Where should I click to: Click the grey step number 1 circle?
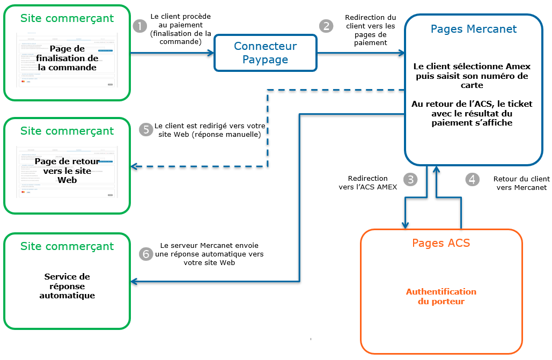pos(139,26)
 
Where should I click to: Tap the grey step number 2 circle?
pos(326,26)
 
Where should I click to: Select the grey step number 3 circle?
pos(411,180)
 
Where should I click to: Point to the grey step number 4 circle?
pos(472,180)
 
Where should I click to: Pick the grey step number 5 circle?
pos(146,130)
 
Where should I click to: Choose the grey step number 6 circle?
pos(146,254)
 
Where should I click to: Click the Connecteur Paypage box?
pos(265,53)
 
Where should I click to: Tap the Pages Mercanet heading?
pos(474,29)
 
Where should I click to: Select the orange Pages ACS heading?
pos(441,243)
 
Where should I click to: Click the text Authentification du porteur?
pos(441,297)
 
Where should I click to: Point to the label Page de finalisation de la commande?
pos(67,58)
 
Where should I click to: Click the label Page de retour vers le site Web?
pos(67,171)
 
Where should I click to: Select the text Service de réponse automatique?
pos(67,286)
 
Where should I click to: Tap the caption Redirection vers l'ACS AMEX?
pos(367,183)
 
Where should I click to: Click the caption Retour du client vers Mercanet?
pos(521,183)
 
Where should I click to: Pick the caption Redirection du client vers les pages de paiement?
pos(370,30)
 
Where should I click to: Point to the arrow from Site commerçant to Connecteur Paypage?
pos(172,53)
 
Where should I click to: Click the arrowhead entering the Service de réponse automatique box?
pos(134,281)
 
